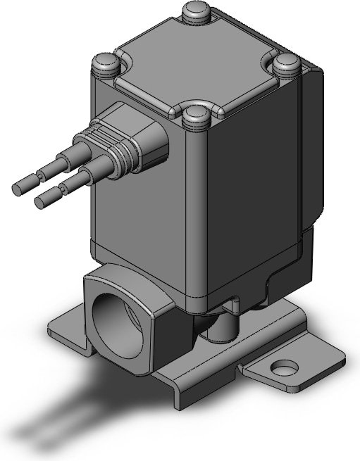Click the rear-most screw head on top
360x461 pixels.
coord(194,12)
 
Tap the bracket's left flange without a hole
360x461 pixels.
coord(67,327)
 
